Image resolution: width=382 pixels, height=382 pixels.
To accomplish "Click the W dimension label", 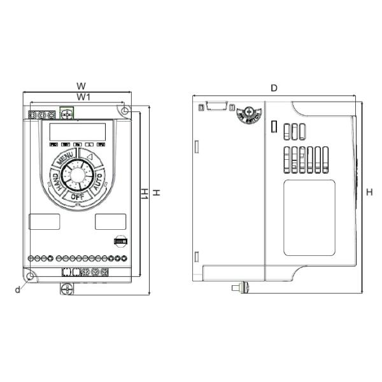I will (x=81, y=85).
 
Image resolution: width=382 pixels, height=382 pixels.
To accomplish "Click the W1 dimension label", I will (x=80, y=96).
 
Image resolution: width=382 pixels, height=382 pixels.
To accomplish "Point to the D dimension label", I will (x=274, y=88).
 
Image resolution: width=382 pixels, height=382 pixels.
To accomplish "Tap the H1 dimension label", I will (x=144, y=193).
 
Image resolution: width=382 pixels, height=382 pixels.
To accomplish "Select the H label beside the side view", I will (x=370, y=192).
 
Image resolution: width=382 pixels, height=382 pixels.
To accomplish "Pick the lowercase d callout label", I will (x=18, y=290).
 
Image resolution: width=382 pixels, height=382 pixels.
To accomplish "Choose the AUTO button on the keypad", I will (x=97, y=183).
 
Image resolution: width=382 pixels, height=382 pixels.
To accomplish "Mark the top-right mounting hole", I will (x=125, y=111).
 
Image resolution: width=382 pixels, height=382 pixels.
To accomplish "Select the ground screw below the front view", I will (x=66, y=288).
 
